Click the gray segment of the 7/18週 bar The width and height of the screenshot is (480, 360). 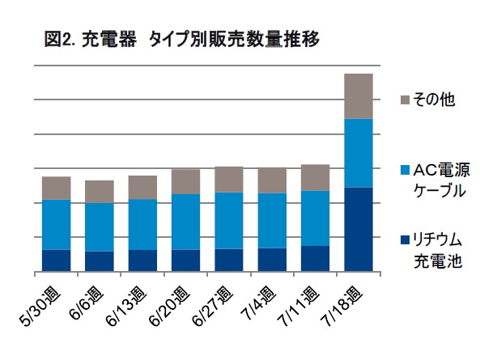pos(358,96)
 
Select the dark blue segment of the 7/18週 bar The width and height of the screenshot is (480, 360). pos(358,229)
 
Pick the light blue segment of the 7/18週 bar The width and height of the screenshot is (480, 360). pos(358,153)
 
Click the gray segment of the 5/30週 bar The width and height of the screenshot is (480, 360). pos(56,188)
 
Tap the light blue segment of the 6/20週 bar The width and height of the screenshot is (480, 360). pos(185,222)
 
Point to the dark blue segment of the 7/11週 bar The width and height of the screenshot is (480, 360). pos(315,258)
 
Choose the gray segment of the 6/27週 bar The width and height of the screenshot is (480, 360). pos(228,179)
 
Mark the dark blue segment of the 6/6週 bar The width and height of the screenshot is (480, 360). pos(99,261)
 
